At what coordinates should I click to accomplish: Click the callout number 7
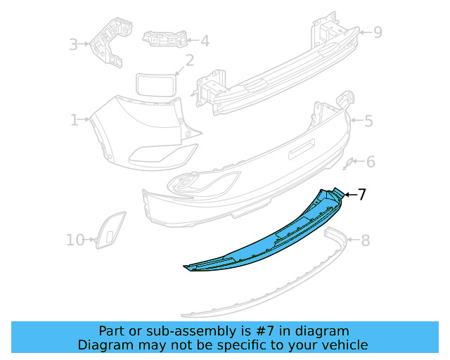pos(362,194)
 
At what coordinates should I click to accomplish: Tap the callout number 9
pos(378,32)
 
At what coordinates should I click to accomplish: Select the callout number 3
pos(73,44)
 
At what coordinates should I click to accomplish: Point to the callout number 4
pos(205,41)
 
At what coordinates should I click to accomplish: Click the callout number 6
pos(371,162)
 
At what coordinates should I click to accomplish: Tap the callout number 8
pos(366,240)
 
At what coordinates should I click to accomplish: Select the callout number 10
pos(75,240)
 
